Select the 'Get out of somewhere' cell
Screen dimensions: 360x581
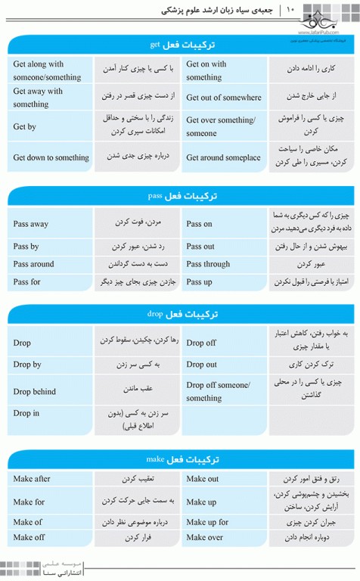223,98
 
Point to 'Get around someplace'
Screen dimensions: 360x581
223,157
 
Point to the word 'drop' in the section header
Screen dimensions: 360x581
154,312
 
